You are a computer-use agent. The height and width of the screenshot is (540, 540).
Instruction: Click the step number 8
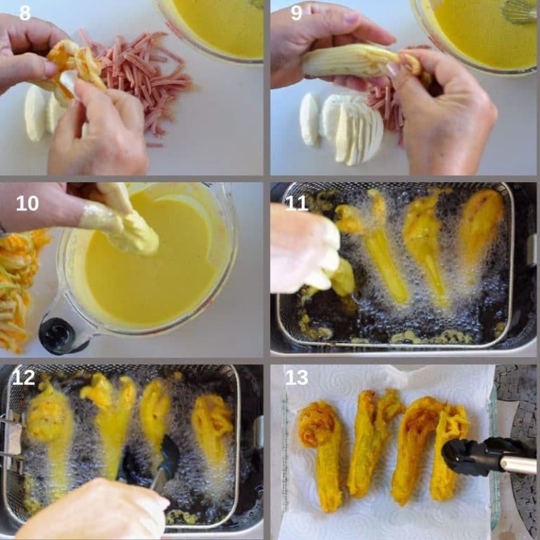[x=25, y=13]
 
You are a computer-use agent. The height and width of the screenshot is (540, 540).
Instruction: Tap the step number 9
[x=296, y=13]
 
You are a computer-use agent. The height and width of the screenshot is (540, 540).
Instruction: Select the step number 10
[x=27, y=203]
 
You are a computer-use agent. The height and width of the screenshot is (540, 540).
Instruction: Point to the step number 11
[x=296, y=202]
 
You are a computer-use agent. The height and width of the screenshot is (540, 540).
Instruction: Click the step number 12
[x=23, y=378]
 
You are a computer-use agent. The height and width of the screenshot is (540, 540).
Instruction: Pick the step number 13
[x=297, y=378]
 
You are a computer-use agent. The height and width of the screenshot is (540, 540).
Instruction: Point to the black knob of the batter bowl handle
[x=58, y=336]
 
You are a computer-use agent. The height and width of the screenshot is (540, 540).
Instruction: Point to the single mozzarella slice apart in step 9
[x=308, y=119]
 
